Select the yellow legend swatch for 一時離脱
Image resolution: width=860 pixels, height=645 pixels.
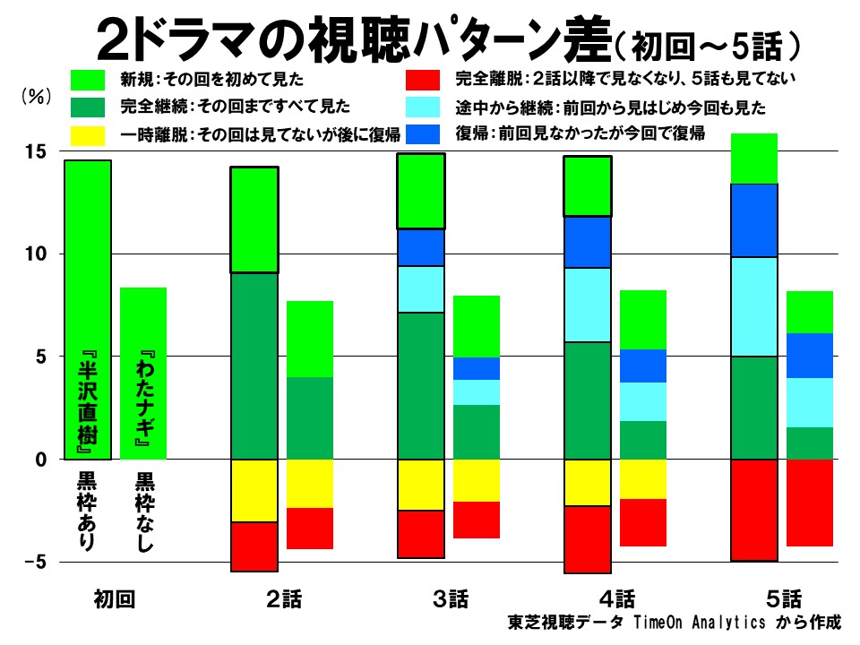pos(90,134)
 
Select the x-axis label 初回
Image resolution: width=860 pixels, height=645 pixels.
pos(114,599)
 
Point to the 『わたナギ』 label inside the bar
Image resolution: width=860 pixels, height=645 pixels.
pos(143,400)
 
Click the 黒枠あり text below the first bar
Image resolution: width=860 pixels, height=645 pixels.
pos(87,511)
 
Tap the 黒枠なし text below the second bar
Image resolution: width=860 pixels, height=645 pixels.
pos(143,511)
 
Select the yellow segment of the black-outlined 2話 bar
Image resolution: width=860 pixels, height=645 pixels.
pos(254,490)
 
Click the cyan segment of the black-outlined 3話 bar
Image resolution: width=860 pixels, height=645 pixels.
pos(421,289)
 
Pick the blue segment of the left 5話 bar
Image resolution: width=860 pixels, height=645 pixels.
pos(754,220)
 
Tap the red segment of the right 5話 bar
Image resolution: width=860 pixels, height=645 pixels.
pos(810,503)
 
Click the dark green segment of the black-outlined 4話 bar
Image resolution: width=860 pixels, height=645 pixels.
pos(588,400)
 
